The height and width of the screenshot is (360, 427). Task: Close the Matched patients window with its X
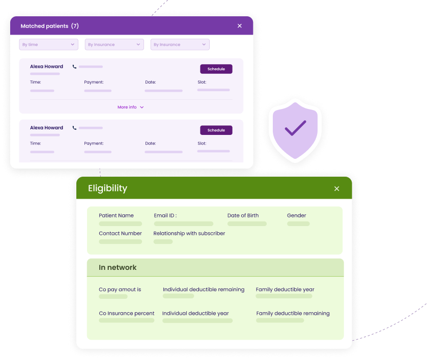tap(240, 26)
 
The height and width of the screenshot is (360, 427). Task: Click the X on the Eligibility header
tap(336, 189)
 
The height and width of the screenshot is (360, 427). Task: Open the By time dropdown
tap(49, 45)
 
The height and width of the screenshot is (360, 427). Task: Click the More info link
tap(130, 107)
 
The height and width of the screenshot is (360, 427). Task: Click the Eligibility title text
tap(107, 188)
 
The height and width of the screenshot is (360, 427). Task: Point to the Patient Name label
tap(116, 215)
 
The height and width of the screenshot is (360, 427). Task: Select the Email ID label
tap(165, 215)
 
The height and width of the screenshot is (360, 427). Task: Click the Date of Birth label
tap(243, 215)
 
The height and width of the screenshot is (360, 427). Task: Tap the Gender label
tap(297, 215)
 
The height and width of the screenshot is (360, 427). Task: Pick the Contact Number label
tap(120, 233)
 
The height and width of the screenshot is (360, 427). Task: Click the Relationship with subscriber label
tap(189, 233)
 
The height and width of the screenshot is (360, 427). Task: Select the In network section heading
tap(118, 267)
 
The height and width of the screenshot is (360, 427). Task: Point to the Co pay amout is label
tap(120, 289)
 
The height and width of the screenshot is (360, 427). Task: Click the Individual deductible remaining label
tap(204, 289)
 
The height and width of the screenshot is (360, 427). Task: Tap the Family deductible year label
tap(285, 289)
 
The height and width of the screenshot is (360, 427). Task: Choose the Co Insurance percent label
tap(127, 313)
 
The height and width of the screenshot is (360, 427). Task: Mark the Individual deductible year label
tap(195, 313)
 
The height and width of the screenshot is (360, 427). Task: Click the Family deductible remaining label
tap(293, 313)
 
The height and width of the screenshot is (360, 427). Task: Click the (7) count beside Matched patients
tap(75, 26)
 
